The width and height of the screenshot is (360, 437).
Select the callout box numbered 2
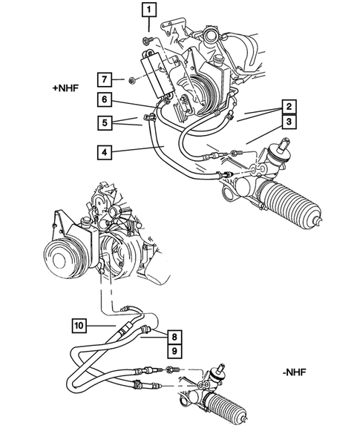(290, 106)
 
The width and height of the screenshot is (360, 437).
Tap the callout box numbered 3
(290, 122)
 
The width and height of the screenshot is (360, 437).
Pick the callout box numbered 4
(105, 154)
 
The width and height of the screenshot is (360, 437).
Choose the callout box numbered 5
(105, 121)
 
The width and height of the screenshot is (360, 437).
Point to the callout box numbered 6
(105, 99)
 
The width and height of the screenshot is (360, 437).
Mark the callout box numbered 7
(105, 79)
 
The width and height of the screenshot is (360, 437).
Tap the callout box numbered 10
(79, 324)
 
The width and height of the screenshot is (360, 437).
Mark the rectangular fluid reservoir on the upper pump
(160, 73)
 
